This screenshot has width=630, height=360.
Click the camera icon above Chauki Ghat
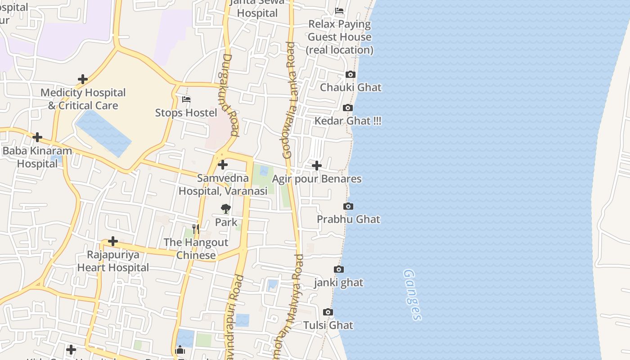tap(351, 74)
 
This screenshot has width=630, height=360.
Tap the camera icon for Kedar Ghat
tap(348, 108)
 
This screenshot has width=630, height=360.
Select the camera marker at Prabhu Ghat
tap(348, 206)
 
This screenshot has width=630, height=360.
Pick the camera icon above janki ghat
tap(339, 269)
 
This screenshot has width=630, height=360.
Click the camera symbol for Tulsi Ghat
tap(328, 312)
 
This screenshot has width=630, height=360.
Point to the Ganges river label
tap(412, 295)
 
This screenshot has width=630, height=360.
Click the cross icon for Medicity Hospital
tap(83, 79)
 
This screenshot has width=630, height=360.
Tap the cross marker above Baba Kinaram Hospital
tap(37, 137)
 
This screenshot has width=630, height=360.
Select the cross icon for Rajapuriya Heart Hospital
tap(113, 241)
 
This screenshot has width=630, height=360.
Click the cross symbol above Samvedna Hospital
tap(223, 165)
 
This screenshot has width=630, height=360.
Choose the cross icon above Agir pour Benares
tap(317, 166)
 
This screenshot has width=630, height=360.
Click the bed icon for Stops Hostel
tap(186, 99)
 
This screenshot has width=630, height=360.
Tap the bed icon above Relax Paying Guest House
tap(339, 10)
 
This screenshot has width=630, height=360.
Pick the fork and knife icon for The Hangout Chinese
tap(196, 229)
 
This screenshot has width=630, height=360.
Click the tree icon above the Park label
tap(226, 208)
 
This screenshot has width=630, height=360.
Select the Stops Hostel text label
tap(186, 112)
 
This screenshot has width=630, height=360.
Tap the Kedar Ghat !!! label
tap(348, 121)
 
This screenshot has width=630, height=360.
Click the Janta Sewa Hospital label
tap(257, 8)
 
